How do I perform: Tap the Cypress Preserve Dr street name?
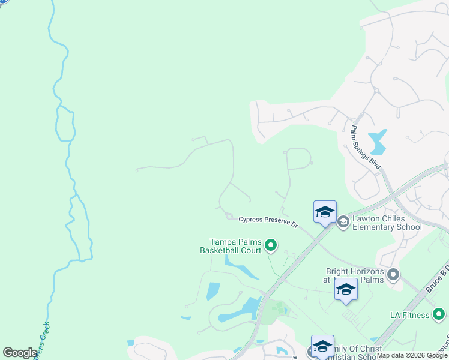coord(268,221)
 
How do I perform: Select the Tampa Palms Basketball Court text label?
coord(231,246)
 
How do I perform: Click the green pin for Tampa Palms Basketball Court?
coord(271,244)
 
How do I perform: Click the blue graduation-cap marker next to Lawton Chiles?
coord(325,212)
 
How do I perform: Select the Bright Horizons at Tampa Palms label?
coord(354,275)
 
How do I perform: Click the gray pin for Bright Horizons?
coord(393,275)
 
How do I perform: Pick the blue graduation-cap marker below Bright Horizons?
coord(346,290)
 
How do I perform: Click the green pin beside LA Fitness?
coord(439,314)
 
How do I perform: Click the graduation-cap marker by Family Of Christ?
coord(322,347)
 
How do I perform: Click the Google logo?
coord(20,353)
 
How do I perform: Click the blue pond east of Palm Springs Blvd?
coord(378,141)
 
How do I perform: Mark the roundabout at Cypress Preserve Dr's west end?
coord(229,216)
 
